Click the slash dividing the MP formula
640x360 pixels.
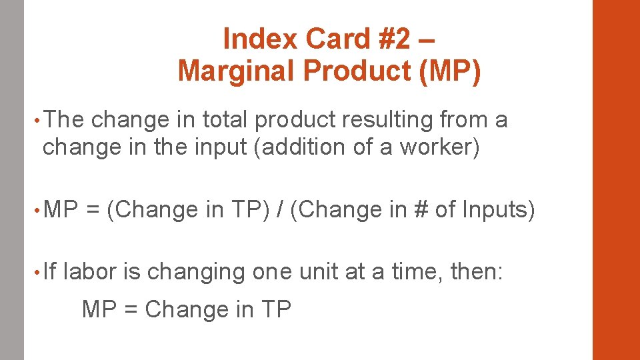[x=280, y=209]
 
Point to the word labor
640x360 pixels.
[x=90, y=272]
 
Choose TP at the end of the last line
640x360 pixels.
[x=276, y=309]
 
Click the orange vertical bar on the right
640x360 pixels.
[x=616, y=180]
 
